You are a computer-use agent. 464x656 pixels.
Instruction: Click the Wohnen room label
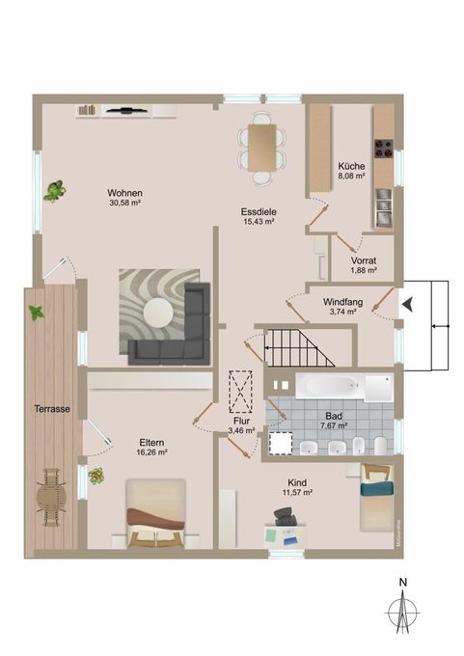125,192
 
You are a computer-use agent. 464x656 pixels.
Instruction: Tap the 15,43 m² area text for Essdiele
259,221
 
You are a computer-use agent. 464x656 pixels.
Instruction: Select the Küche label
351,166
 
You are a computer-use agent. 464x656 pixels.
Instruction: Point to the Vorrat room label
363,261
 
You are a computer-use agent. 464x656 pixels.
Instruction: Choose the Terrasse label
51,409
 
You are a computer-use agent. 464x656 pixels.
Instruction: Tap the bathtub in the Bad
328,388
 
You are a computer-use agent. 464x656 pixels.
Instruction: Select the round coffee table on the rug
157,313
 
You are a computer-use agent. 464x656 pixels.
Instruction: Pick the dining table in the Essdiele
260,148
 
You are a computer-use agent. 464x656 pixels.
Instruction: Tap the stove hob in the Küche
384,149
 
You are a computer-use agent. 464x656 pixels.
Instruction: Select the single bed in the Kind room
377,496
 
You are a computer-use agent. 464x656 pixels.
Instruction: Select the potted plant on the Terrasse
37,313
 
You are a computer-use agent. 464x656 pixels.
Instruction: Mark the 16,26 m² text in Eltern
152,451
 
